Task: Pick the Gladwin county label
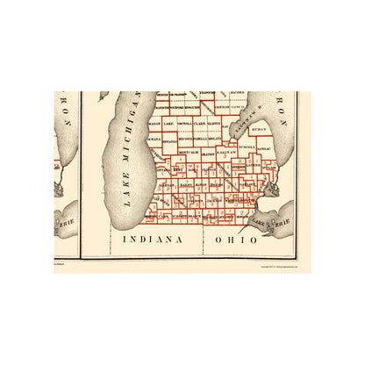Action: click(x=227, y=125)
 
